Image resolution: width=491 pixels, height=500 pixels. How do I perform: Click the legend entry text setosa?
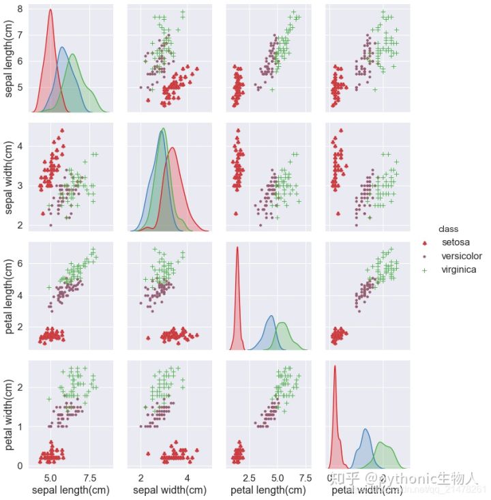(x=456, y=242)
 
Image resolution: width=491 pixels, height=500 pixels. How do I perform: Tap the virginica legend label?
(x=459, y=269)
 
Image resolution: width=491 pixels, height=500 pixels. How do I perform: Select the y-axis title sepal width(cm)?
(x=10, y=176)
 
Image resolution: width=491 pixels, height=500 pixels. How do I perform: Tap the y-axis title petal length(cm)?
(x=10, y=294)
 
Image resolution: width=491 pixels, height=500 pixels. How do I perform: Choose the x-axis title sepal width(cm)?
(x=169, y=490)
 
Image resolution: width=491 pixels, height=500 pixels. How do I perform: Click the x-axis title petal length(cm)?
(x=267, y=490)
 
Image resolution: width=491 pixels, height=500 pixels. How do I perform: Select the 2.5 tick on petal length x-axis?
(x=250, y=476)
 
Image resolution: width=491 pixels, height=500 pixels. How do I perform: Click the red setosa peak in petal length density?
(x=237, y=248)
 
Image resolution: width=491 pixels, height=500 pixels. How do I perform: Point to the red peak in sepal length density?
(x=50, y=10)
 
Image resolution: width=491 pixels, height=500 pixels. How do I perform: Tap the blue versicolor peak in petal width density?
(x=365, y=430)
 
